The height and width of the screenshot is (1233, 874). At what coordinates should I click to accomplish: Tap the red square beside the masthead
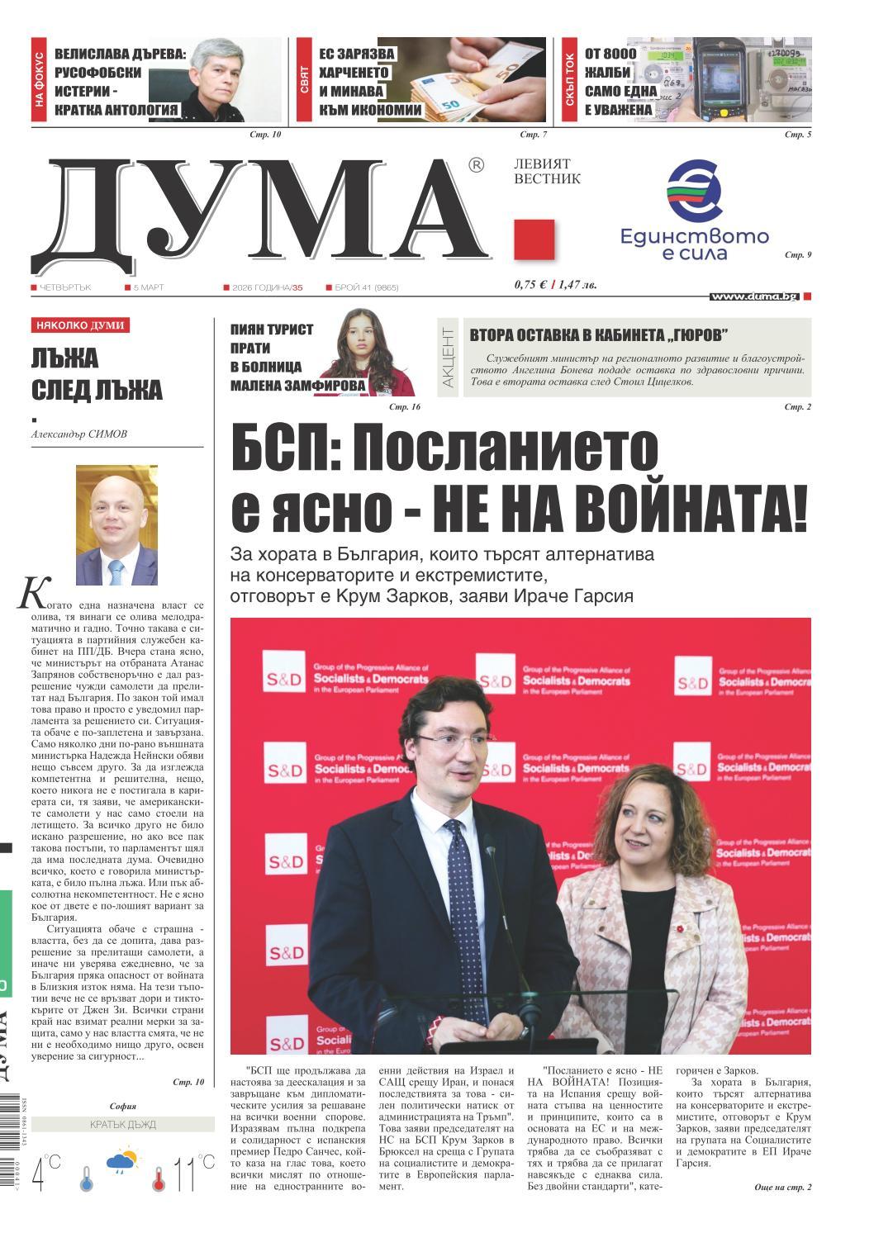[534, 240]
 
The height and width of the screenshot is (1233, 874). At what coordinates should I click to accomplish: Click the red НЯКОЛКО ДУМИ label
[80, 325]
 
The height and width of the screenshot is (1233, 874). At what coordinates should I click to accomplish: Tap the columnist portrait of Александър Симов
[116, 525]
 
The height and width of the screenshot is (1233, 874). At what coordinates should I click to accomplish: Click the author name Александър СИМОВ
[79, 434]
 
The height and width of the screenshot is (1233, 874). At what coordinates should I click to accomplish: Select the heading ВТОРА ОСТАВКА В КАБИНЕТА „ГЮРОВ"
[599, 335]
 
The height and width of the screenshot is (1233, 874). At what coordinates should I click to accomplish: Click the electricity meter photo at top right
[719, 79]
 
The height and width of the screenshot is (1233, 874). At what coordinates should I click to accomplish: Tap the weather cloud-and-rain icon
[121, 1161]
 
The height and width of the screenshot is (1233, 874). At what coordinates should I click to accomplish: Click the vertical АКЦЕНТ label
[449, 357]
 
